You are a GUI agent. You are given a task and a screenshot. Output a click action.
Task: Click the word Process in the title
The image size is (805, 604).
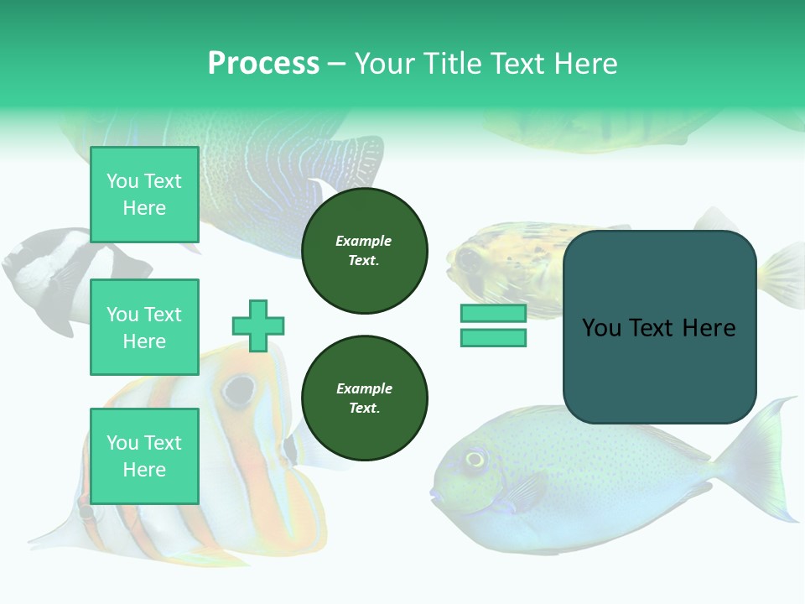coord(263,64)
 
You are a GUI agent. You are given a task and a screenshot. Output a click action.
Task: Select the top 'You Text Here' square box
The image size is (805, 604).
coord(144,195)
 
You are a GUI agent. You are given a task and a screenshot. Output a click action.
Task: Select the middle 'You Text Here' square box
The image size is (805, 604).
coord(144,327)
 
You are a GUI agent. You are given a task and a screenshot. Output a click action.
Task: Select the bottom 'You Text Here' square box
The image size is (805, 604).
coord(144,456)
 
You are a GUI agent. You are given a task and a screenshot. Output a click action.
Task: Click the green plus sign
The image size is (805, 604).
coord(258,325)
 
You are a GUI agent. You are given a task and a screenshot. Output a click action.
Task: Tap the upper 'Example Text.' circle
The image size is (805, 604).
coord(364,251)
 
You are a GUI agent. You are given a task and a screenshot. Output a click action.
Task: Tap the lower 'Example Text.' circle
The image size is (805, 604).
coord(364,398)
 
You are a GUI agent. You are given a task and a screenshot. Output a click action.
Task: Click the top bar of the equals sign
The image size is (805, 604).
coord(493,314)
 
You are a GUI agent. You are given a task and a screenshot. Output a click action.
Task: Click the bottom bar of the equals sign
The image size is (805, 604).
coord(493,338)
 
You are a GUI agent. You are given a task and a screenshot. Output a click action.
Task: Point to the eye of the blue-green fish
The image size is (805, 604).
coord(475,459)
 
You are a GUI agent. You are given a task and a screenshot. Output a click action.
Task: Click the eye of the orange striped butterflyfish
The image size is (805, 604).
coord(239,388)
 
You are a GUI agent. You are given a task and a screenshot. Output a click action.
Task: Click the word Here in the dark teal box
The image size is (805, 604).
coord(709,328)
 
